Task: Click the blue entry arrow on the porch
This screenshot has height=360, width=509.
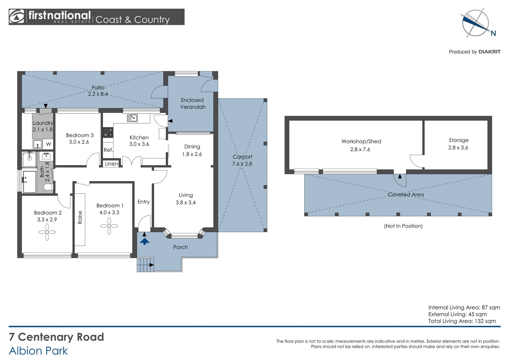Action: point(144,241)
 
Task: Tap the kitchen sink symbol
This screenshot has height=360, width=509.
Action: point(132,118)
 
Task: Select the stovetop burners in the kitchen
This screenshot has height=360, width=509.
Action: point(108,132)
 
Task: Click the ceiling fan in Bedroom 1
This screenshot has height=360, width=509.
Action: point(109,226)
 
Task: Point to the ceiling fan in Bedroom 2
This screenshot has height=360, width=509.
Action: point(47,232)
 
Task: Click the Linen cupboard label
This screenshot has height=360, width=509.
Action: point(111,164)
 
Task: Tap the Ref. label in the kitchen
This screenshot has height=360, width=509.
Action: point(108,150)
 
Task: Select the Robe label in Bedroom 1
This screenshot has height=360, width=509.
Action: point(80,217)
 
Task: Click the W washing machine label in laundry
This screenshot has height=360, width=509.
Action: point(49,144)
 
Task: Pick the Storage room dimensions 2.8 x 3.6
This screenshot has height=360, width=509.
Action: point(458,148)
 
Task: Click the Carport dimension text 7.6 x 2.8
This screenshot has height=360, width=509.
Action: point(242,164)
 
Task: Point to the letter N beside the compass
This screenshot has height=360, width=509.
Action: point(493,33)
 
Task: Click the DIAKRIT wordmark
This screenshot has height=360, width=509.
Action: point(489,52)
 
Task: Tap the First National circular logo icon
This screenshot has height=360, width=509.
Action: point(16,17)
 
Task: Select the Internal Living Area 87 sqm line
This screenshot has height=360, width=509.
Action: point(464,307)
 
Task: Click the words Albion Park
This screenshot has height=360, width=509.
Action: point(38,351)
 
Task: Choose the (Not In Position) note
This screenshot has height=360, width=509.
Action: point(403,226)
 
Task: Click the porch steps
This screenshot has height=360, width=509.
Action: point(145,264)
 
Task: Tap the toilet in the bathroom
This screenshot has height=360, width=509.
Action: point(49,187)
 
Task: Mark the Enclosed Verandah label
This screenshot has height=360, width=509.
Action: point(193,103)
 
